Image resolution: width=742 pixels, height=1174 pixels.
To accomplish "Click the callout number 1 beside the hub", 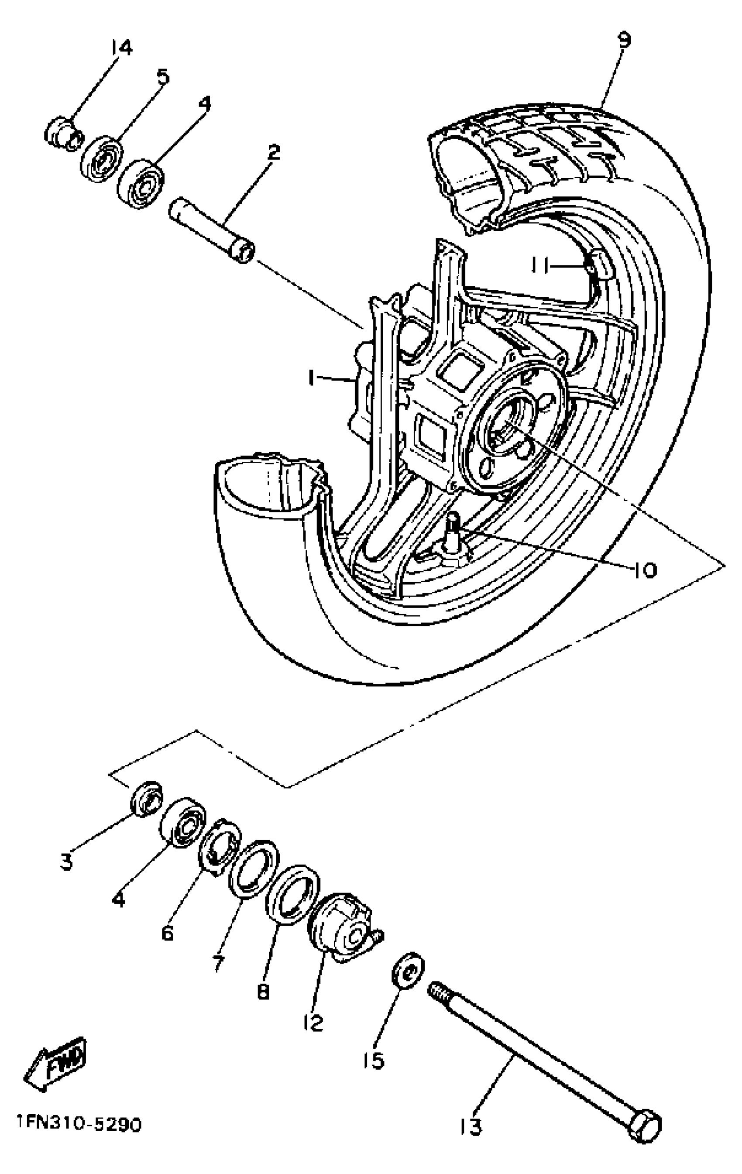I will tap(312, 378).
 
